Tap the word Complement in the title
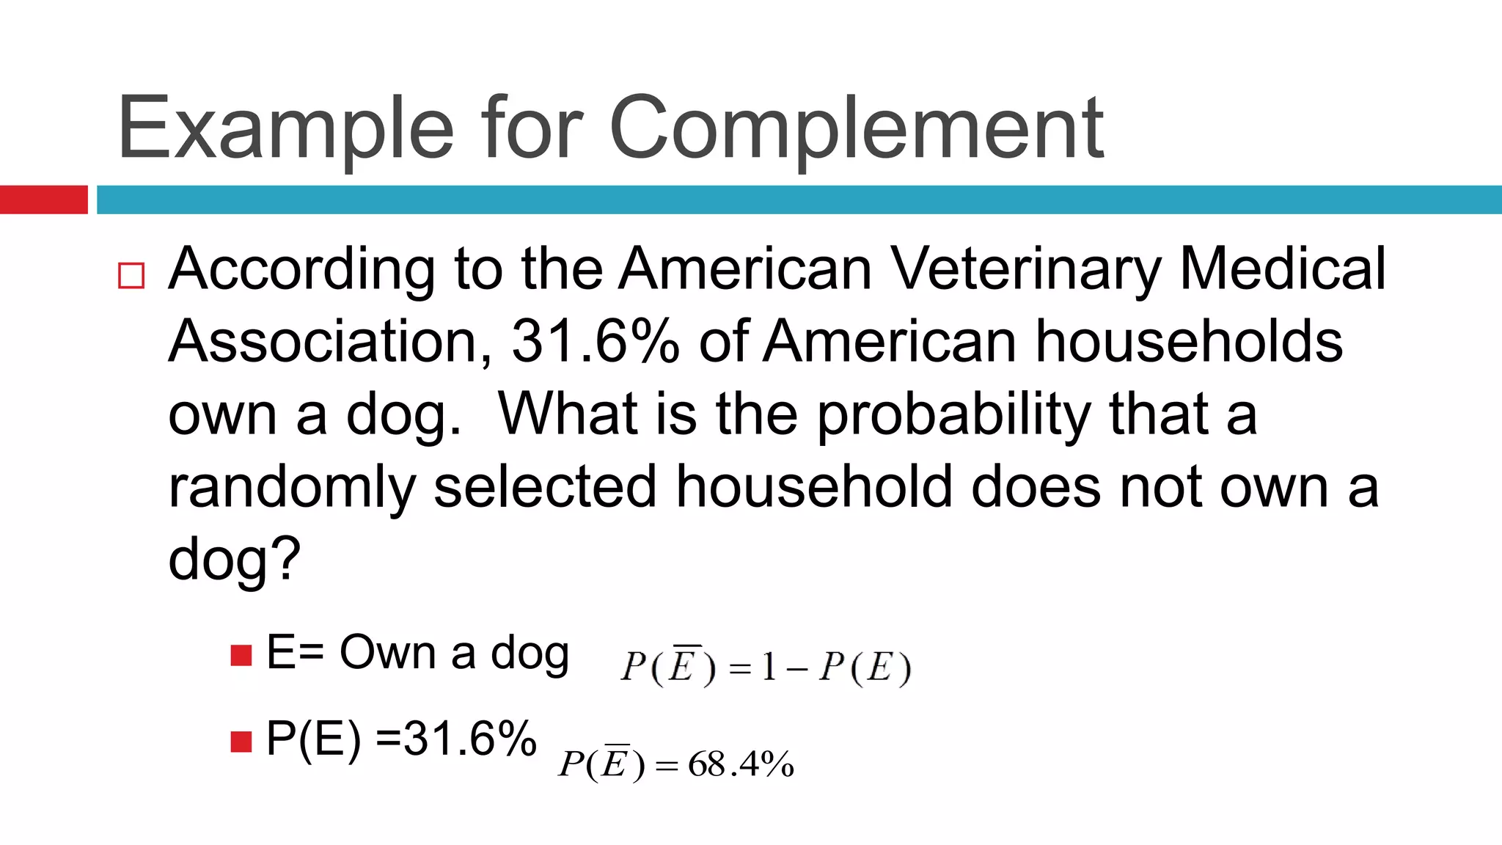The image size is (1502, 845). point(856,128)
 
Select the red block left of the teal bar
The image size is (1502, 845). point(43,200)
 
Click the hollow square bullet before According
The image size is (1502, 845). point(131,276)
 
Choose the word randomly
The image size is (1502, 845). point(292,488)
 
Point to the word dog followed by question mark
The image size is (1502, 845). point(234,560)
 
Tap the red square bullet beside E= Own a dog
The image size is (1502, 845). point(241,655)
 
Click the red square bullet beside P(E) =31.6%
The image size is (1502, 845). point(241,742)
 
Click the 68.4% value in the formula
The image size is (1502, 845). point(741,765)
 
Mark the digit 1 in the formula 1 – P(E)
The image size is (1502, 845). point(769,667)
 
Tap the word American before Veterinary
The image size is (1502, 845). point(745,268)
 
